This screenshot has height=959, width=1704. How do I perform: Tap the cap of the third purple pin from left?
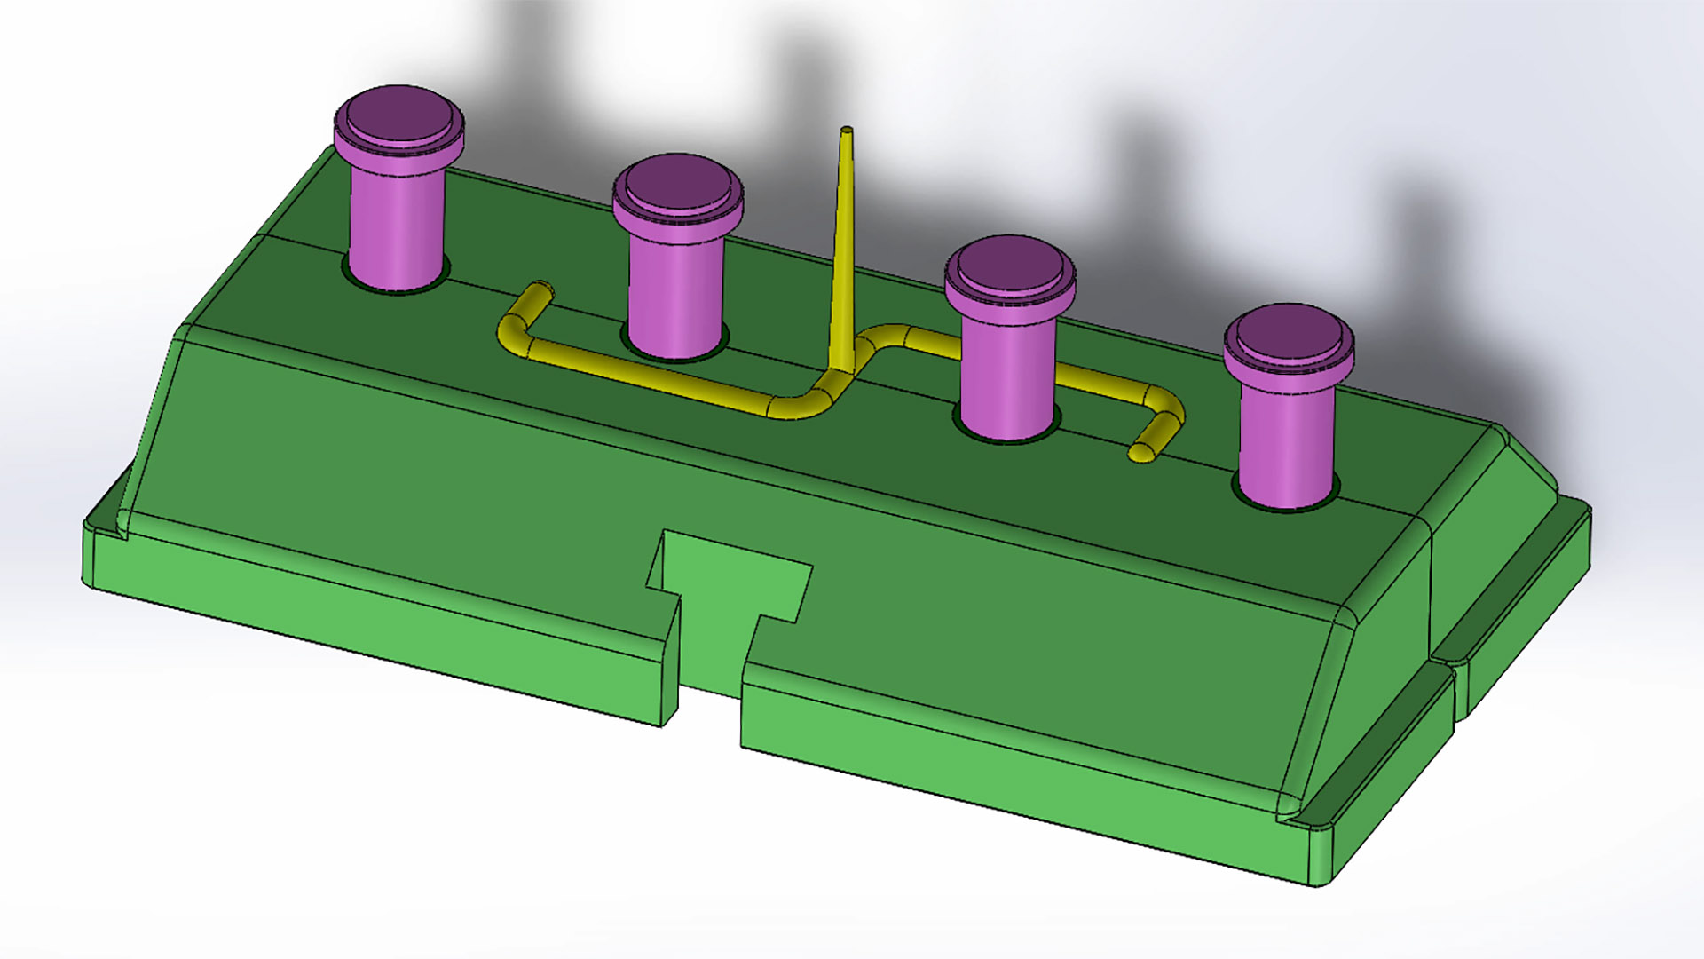tap(1009, 267)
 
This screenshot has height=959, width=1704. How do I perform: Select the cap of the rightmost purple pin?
tap(1289, 337)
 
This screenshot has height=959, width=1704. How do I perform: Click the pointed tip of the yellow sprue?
tap(847, 132)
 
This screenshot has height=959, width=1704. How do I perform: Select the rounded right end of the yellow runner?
tap(1140, 452)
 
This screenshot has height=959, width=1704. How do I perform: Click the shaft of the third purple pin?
tap(1007, 373)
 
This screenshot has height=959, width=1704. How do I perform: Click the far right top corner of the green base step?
tap(1583, 507)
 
